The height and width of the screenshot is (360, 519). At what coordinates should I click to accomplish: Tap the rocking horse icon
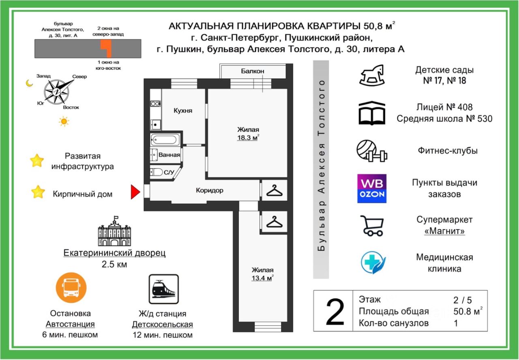pyautogui.click(x=371, y=75)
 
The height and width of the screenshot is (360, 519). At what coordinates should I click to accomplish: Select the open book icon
pyautogui.click(x=371, y=113)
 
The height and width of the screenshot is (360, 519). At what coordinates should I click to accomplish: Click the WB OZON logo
pyautogui.click(x=371, y=189)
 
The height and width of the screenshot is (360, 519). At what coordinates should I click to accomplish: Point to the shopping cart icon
pyautogui.click(x=372, y=225)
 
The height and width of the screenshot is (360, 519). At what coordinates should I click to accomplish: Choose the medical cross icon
pyautogui.click(x=373, y=262)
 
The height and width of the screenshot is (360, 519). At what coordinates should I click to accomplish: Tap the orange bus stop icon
pyautogui.click(x=71, y=287)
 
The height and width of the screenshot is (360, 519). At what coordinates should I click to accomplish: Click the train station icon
pyautogui.click(x=163, y=289)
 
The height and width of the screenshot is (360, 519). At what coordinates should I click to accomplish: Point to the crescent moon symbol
pyautogui.click(x=29, y=83)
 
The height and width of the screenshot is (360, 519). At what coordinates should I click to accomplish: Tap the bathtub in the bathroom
pyautogui.click(x=164, y=140)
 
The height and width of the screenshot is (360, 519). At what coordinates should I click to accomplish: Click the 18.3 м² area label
pyautogui.click(x=248, y=137)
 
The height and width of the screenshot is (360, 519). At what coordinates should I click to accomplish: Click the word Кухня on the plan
pyautogui.click(x=183, y=111)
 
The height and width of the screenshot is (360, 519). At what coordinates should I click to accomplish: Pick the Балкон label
pyautogui.click(x=253, y=71)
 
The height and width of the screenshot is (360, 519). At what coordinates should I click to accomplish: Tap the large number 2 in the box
pyautogui.click(x=335, y=312)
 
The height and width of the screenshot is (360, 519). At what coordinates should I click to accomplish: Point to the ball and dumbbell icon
pyautogui.click(x=371, y=151)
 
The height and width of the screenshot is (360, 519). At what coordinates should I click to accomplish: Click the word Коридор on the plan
pyautogui.click(x=209, y=190)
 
